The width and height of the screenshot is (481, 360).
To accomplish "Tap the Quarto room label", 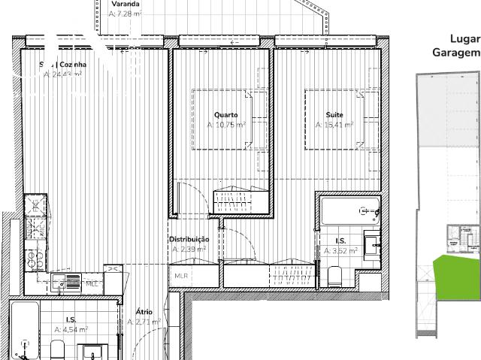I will [x=225, y=115].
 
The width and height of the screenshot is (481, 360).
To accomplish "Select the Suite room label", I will [x=334, y=115].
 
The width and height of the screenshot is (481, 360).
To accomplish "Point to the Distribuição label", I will [x=189, y=240].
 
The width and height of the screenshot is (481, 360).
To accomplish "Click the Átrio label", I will [x=144, y=311].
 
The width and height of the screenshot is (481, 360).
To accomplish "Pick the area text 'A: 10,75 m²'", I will [x=226, y=125].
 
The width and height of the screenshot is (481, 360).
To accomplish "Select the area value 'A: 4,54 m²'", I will [x=71, y=329].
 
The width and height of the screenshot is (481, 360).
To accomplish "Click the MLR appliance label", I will [x=181, y=276].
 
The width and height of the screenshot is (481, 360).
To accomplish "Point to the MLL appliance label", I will [x=91, y=283].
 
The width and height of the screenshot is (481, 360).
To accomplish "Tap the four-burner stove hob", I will [x=35, y=260].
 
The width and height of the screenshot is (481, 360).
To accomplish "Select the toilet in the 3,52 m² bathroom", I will [x=336, y=277].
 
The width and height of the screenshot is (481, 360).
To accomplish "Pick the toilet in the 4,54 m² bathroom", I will [x=57, y=350].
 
